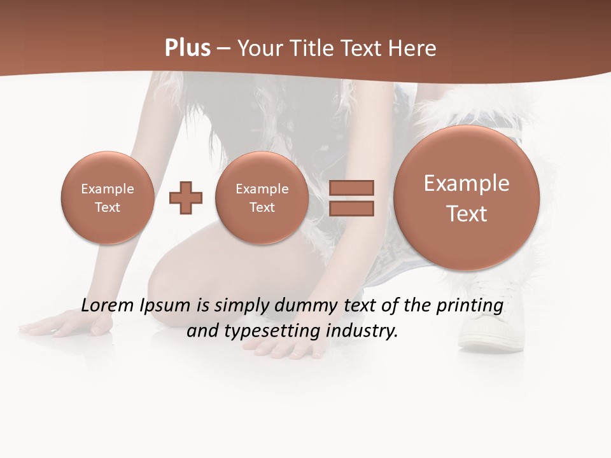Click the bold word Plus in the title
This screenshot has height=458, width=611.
[x=188, y=48]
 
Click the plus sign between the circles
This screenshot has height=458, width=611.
[x=186, y=198]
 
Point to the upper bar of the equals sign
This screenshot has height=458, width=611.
[x=351, y=188]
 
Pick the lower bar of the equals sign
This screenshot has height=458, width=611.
[x=351, y=208]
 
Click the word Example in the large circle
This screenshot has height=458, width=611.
[x=467, y=183]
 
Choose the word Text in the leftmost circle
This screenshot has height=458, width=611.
[x=107, y=207]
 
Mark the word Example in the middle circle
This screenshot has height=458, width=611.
[x=262, y=189]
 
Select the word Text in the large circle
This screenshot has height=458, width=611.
[x=467, y=214]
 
